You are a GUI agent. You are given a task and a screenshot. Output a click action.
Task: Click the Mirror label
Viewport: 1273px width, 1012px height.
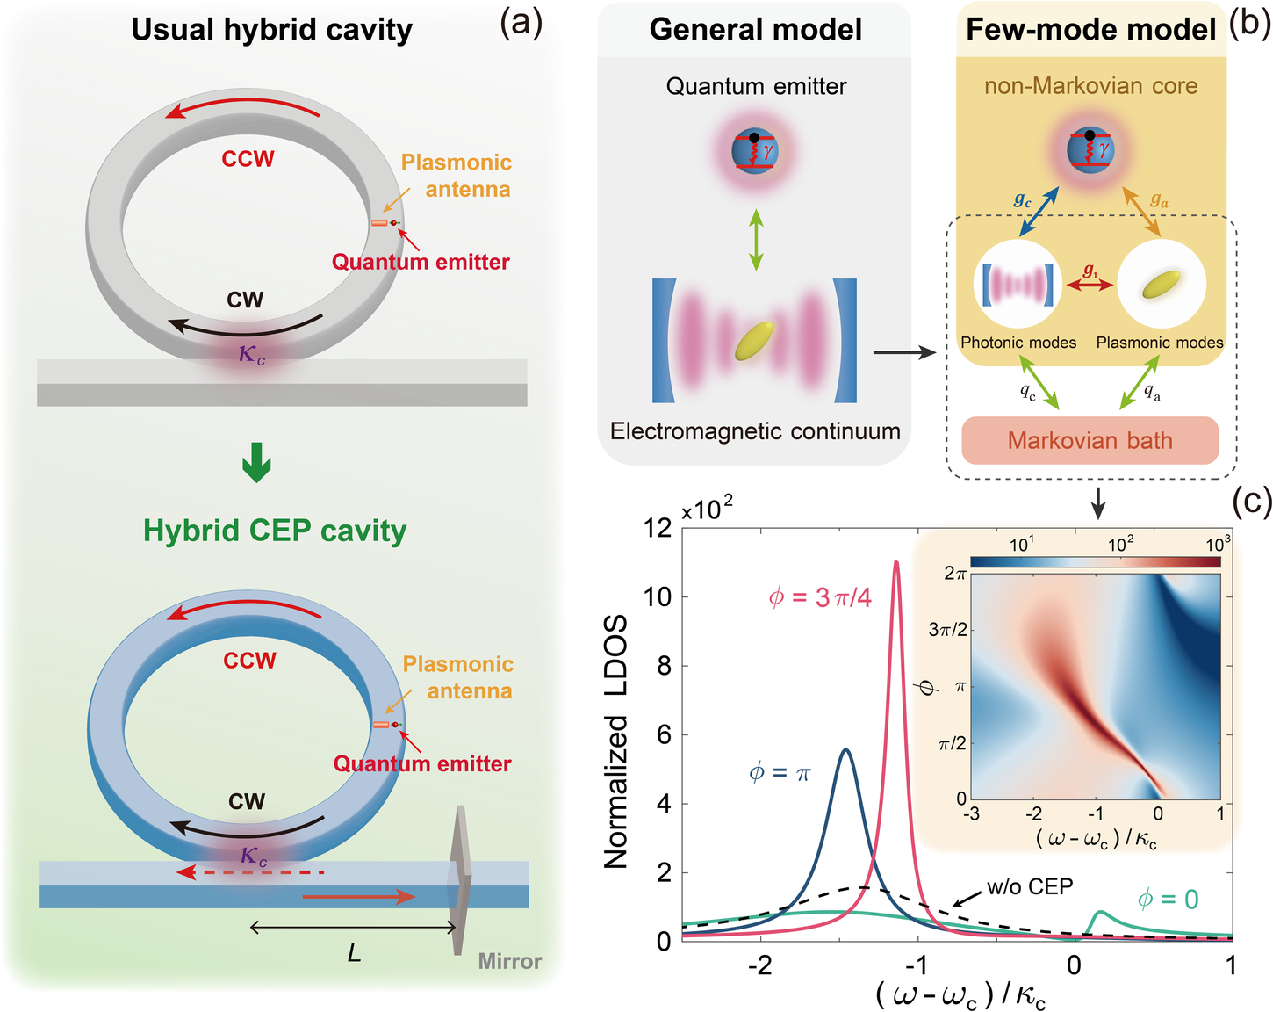tap(509, 961)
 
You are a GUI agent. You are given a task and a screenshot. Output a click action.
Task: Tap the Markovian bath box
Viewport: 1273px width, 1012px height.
tap(1090, 440)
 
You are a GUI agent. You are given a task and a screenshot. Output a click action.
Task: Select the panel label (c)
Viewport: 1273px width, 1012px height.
tap(1250, 501)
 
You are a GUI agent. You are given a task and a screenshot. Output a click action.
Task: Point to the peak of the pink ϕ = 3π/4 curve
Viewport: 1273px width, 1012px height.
tap(896, 563)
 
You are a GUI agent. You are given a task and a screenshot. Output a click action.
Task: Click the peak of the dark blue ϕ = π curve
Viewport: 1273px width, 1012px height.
tap(845, 750)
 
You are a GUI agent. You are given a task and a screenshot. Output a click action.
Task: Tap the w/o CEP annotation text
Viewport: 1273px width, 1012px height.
tap(1029, 886)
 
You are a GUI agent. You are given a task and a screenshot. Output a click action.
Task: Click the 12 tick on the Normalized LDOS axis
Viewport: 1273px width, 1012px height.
tap(657, 528)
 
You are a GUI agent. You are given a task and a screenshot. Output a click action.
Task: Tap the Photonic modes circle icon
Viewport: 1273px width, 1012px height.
tap(1018, 285)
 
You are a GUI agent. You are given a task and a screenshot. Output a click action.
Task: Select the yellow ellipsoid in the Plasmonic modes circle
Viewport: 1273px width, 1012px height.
tap(1161, 284)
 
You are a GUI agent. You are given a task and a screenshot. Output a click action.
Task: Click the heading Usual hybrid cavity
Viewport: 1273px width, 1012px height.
tap(271, 29)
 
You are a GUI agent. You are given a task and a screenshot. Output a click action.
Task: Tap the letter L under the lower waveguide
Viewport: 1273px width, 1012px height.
tap(354, 952)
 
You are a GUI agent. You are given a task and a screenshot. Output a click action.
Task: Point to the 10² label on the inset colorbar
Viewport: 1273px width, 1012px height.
tap(1119, 545)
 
